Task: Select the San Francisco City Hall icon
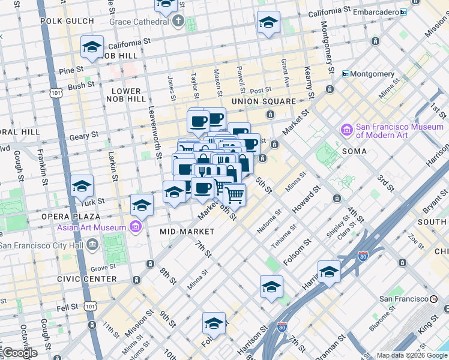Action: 92,244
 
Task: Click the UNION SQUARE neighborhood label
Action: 264,101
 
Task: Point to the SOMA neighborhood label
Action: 354,151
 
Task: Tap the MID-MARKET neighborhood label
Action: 187,231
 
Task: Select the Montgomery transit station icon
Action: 345,74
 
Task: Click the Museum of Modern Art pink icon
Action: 346,130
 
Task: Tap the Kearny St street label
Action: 310,83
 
